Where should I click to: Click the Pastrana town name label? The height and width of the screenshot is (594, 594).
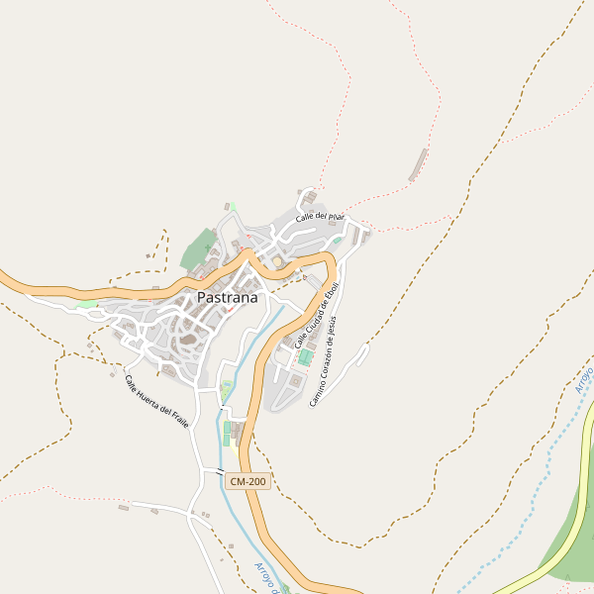pyautogui.click(x=227, y=297)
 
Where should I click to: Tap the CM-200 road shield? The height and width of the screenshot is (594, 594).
pyautogui.click(x=247, y=481)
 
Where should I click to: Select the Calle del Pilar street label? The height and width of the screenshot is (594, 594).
pyautogui.click(x=320, y=216)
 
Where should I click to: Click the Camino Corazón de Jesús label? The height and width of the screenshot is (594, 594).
pyautogui.click(x=330, y=361)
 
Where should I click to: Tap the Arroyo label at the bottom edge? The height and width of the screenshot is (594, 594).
pyautogui.click(x=263, y=577)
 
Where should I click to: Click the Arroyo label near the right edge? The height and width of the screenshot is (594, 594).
pyautogui.click(x=584, y=379)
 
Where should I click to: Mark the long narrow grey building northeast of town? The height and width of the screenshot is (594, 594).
pyautogui.click(x=419, y=165)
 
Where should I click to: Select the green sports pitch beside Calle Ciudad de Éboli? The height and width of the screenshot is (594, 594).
pyautogui.click(x=306, y=356)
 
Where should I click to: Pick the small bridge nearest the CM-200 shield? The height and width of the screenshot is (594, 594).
pyautogui.click(x=220, y=473)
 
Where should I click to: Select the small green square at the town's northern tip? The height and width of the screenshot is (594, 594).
pyautogui.click(x=233, y=206)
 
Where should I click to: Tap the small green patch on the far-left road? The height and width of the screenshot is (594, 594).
pyautogui.click(x=87, y=304)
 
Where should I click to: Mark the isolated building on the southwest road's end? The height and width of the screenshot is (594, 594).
pyautogui.click(x=124, y=508)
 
